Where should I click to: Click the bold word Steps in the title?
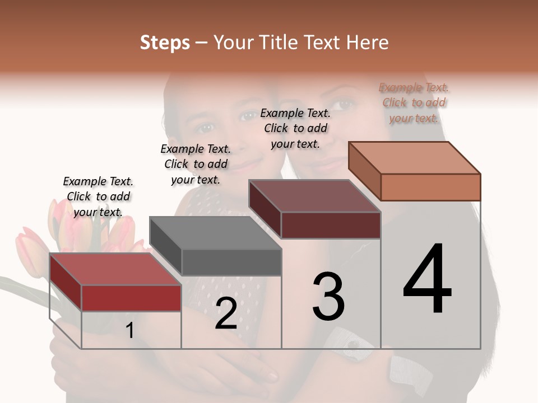pos(165,43)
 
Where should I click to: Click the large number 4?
pos(427,279)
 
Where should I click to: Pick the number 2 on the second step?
pos(226,313)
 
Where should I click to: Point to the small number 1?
pos(129,330)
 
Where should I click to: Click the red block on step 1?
pos(131,297)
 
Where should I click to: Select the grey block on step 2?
pos(231,262)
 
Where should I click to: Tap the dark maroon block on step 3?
pos(331,225)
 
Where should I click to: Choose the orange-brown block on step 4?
pos(430,186)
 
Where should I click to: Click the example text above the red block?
pos(98,196)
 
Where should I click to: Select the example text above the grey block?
pos(196,164)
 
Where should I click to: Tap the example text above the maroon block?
pos(295,128)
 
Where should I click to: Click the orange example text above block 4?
pos(414,102)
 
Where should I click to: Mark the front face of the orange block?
pos(430,187)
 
